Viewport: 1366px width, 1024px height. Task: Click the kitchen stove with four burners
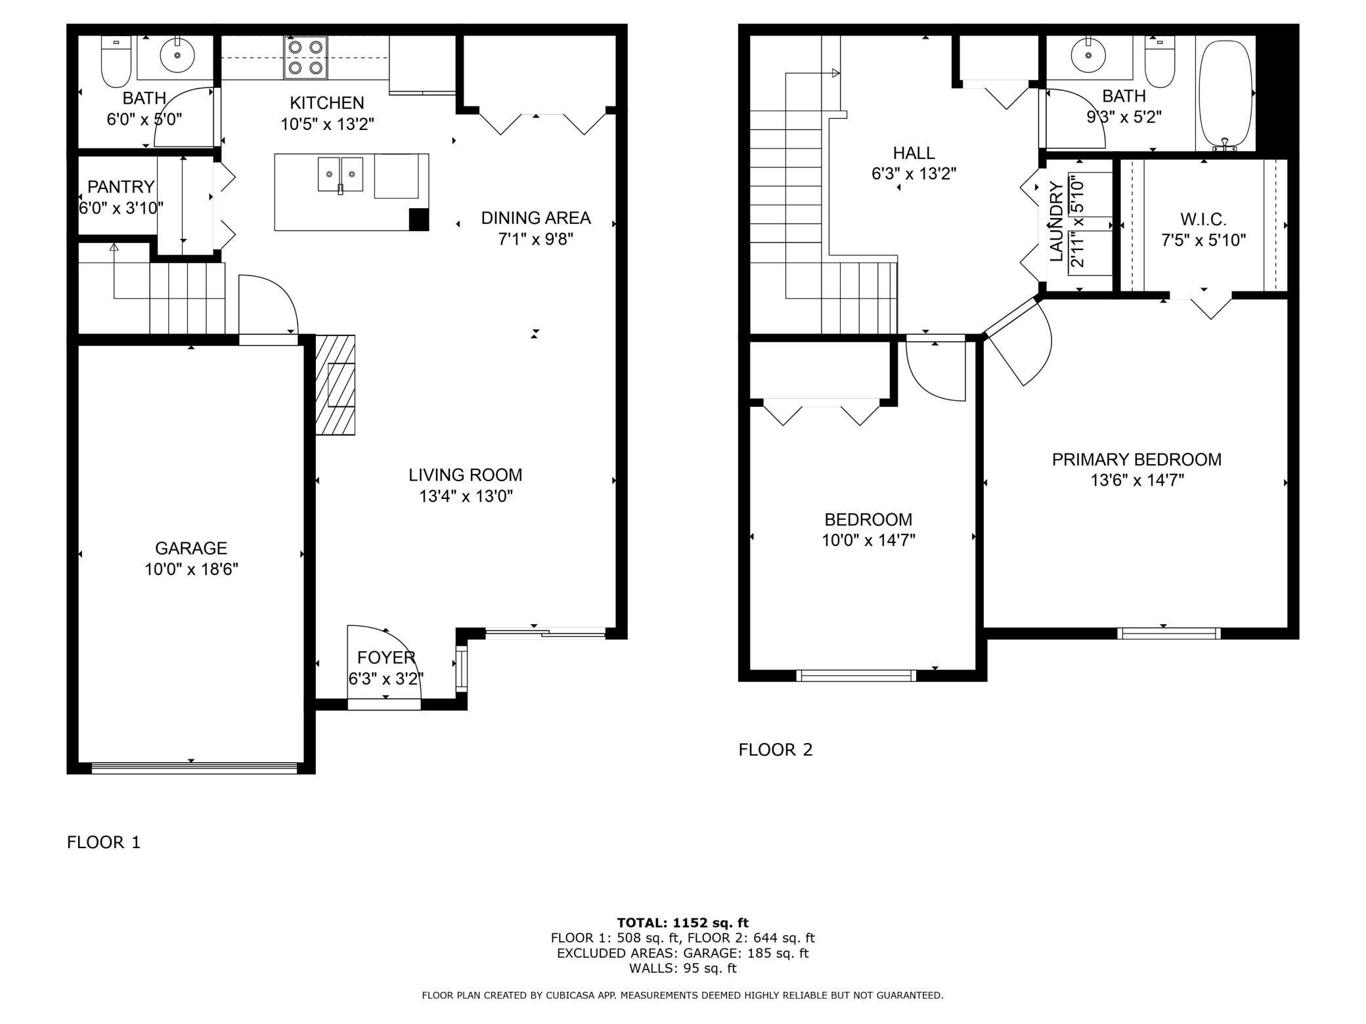[305, 57]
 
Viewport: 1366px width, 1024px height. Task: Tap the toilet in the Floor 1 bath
[116, 61]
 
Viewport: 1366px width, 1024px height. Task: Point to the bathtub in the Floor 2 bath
[1225, 93]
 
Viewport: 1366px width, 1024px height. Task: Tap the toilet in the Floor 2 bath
[1159, 60]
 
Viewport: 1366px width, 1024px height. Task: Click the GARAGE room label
[191, 548]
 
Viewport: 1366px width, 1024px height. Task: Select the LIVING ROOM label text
[466, 475]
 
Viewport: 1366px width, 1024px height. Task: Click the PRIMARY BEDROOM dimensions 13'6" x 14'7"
[1137, 480]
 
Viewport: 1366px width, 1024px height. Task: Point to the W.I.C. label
[1203, 219]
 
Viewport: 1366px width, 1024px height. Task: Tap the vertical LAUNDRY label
[1057, 222]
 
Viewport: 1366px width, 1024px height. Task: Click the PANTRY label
[121, 187]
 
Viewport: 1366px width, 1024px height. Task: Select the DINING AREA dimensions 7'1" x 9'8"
[536, 239]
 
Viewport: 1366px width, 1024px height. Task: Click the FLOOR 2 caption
[776, 750]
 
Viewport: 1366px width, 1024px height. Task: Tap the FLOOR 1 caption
[104, 842]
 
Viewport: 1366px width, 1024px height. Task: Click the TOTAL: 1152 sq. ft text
[683, 923]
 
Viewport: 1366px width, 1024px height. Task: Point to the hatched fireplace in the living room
[336, 385]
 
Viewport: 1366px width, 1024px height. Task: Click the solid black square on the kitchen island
[419, 219]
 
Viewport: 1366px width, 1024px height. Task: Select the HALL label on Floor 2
[914, 153]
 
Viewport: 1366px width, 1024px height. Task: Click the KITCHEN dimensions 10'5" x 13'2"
[328, 124]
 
